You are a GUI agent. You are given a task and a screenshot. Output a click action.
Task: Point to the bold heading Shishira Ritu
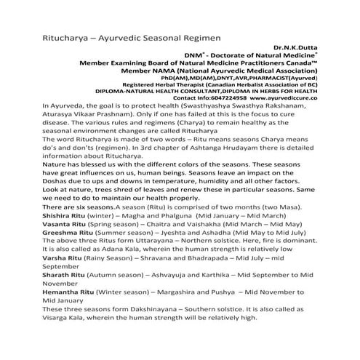(x=41, y=215)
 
